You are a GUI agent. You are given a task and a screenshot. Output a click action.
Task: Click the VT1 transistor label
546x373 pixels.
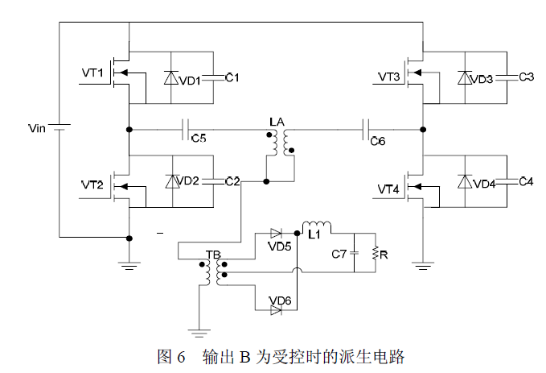point(92,73)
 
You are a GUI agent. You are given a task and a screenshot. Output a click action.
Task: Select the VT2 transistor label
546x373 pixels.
point(92,184)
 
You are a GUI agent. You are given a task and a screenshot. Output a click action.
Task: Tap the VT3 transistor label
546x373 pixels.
point(389,77)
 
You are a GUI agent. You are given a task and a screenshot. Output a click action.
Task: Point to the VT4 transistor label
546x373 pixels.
point(389,189)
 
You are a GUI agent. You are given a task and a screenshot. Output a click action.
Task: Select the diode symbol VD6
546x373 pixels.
point(277,309)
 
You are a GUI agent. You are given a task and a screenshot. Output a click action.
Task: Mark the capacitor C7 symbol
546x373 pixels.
point(354,254)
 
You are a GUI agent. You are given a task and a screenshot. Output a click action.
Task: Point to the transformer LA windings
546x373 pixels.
point(278,142)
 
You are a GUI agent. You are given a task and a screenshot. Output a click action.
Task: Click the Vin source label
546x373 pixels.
point(38,127)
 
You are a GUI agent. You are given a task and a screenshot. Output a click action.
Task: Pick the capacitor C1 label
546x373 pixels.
point(232,77)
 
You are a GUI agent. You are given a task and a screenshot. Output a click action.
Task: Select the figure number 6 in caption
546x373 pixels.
point(181,356)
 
